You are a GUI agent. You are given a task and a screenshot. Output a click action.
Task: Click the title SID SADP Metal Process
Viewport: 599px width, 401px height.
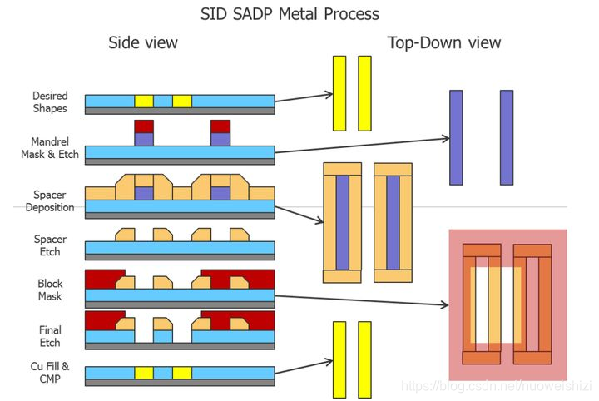tap(290, 14)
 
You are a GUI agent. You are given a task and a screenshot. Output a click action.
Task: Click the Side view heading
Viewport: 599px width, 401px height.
tap(143, 42)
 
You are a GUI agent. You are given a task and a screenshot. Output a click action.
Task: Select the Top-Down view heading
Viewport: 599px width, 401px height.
tap(444, 42)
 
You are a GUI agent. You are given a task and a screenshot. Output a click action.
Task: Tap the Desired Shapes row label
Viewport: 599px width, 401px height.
tap(50, 102)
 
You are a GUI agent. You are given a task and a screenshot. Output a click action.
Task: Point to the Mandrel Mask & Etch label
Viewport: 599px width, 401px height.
tap(50, 147)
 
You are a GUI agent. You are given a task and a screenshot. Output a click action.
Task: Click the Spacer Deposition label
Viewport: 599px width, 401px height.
tap(50, 200)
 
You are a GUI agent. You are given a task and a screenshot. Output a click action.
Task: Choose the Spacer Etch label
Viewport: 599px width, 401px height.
tap(50, 245)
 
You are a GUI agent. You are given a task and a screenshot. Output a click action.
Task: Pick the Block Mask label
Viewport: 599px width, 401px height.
tap(50, 290)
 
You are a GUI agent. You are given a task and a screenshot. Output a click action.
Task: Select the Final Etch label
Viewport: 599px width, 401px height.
tap(50, 336)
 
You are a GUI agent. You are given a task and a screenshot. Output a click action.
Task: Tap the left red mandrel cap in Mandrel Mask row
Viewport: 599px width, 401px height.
tap(144, 126)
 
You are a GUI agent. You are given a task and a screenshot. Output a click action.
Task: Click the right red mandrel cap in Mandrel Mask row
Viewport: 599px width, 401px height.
tap(220, 126)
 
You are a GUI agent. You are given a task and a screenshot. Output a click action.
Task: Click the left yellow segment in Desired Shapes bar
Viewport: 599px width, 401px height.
tap(144, 101)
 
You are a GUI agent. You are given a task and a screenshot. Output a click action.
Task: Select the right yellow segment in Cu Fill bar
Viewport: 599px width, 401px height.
tap(182, 373)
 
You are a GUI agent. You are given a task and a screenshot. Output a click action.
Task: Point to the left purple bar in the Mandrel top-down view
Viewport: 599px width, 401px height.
tap(456, 137)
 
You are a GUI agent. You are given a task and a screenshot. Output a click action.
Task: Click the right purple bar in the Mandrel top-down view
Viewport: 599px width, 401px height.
tap(507, 137)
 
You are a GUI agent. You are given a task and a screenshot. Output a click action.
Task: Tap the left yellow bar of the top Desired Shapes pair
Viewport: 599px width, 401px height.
tap(339, 93)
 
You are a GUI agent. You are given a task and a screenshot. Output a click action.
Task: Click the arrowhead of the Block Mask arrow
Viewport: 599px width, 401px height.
tap(444, 305)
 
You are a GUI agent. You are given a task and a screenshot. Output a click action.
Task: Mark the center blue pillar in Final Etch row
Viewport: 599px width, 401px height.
tap(164, 336)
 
